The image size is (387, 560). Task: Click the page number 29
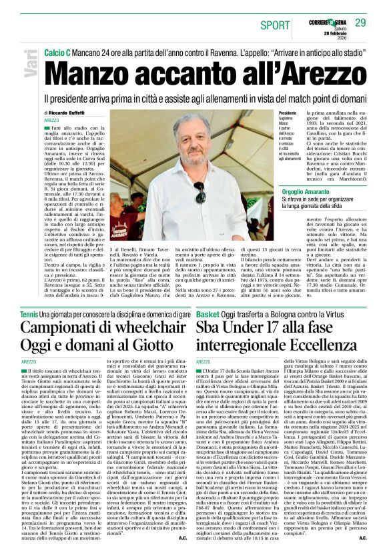[360, 24]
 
